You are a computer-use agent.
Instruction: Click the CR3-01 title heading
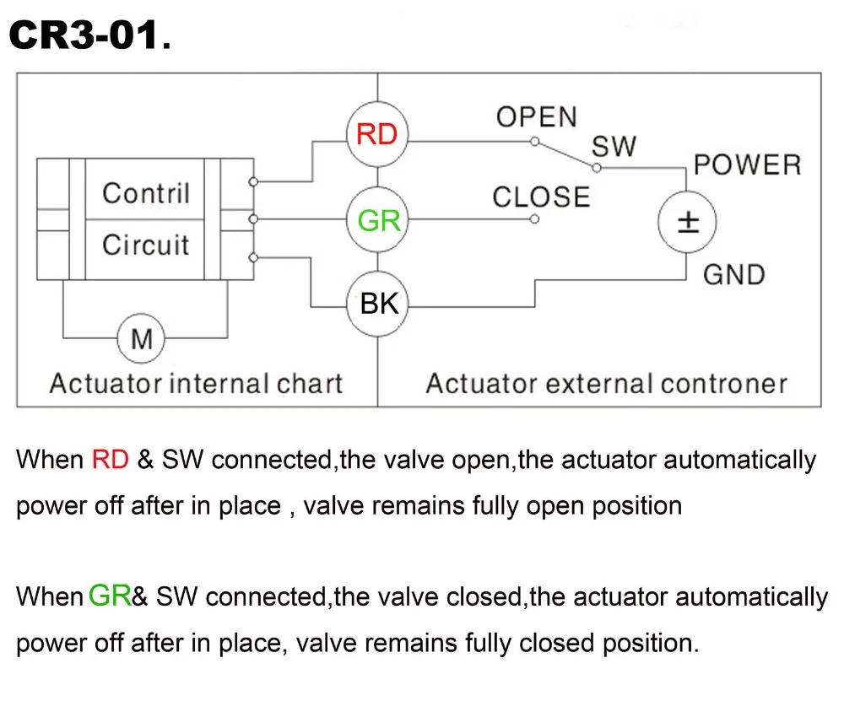point(90,35)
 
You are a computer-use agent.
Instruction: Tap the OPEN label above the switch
point(537,117)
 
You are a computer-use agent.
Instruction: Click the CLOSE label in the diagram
point(541,197)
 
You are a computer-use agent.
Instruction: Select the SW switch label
point(614,146)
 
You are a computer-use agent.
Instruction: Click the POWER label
point(748,164)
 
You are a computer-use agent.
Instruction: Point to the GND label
point(734,275)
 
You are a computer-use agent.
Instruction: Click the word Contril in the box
point(146,193)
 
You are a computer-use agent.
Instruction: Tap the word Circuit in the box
point(146,245)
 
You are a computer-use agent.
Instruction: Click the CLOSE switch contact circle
point(534,219)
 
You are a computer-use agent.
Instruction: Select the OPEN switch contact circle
point(534,142)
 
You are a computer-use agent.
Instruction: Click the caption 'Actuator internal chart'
point(196,384)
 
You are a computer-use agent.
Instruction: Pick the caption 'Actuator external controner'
point(607,384)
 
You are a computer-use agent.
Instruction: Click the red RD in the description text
point(111,460)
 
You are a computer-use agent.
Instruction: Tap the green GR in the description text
point(110,596)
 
